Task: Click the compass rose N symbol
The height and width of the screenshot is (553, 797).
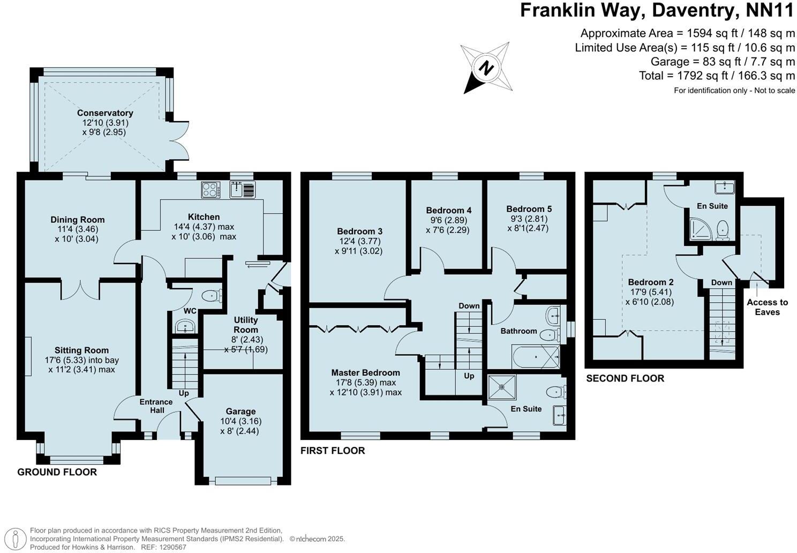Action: click(x=486, y=69)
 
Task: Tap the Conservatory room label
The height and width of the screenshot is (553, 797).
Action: click(x=105, y=113)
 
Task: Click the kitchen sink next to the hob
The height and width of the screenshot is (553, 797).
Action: click(x=243, y=189)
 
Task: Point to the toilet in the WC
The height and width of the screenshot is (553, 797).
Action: click(x=213, y=295)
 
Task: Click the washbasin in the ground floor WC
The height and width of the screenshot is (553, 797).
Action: click(x=185, y=326)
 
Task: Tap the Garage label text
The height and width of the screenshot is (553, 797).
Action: click(x=240, y=412)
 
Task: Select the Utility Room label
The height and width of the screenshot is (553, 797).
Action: click(x=246, y=325)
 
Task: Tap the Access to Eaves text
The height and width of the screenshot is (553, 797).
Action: click(x=767, y=307)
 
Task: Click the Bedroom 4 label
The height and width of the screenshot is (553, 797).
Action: click(x=449, y=210)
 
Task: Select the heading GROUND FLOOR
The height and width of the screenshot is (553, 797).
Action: click(x=57, y=472)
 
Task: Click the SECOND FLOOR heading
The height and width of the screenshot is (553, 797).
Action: click(x=625, y=378)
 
